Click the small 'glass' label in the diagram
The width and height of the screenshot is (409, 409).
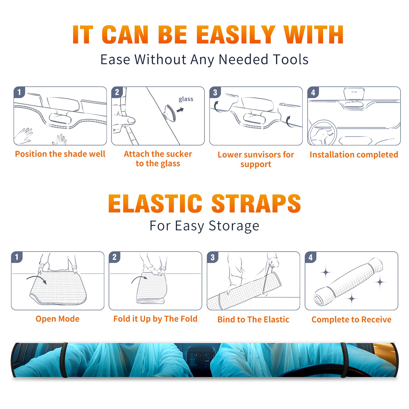click(186, 99)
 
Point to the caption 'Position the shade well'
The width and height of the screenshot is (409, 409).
click(60, 154)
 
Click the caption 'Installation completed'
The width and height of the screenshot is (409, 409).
click(354, 154)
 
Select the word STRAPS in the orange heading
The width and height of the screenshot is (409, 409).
click(256, 203)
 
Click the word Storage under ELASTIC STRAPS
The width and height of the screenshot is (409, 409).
click(234, 226)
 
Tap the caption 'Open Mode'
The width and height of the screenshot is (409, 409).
click(58, 319)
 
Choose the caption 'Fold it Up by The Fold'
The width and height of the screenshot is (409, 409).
click(155, 319)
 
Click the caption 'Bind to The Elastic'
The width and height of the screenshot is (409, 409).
click(253, 320)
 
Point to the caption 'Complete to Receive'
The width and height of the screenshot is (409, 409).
click(351, 320)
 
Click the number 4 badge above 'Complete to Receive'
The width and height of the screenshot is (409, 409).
click(311, 257)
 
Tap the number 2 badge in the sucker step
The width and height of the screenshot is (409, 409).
click(117, 92)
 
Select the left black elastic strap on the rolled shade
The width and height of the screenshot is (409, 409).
click(64, 360)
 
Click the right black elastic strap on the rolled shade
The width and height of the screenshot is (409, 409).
click(344, 360)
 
